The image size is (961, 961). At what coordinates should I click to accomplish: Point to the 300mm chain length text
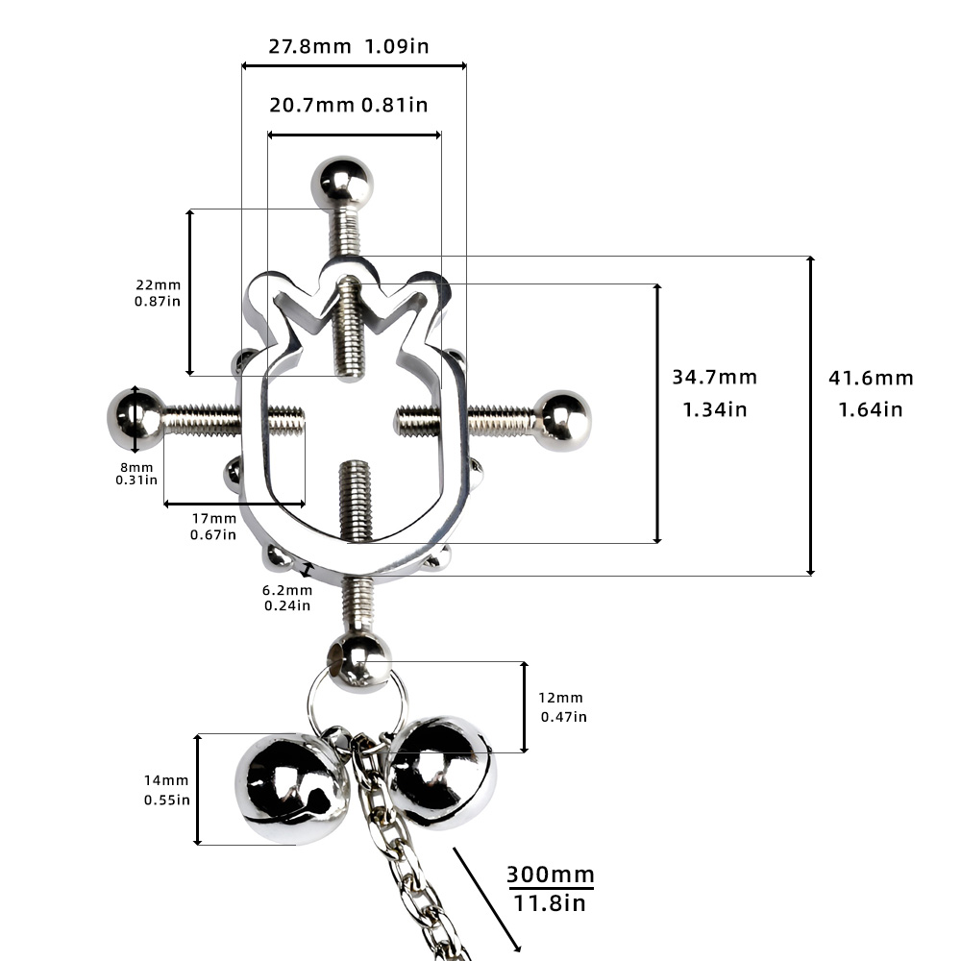pyautogui.click(x=551, y=874)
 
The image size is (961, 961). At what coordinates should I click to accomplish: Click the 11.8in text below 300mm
pyautogui.click(x=549, y=902)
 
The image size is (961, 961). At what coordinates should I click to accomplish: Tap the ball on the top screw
pyautogui.click(x=342, y=184)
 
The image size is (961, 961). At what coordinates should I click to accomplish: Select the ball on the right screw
pyautogui.click(x=561, y=421)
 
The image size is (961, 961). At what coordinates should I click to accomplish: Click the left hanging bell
pyautogui.click(x=291, y=788)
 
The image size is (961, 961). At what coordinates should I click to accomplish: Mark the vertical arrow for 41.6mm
pyautogui.click(x=810, y=415)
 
